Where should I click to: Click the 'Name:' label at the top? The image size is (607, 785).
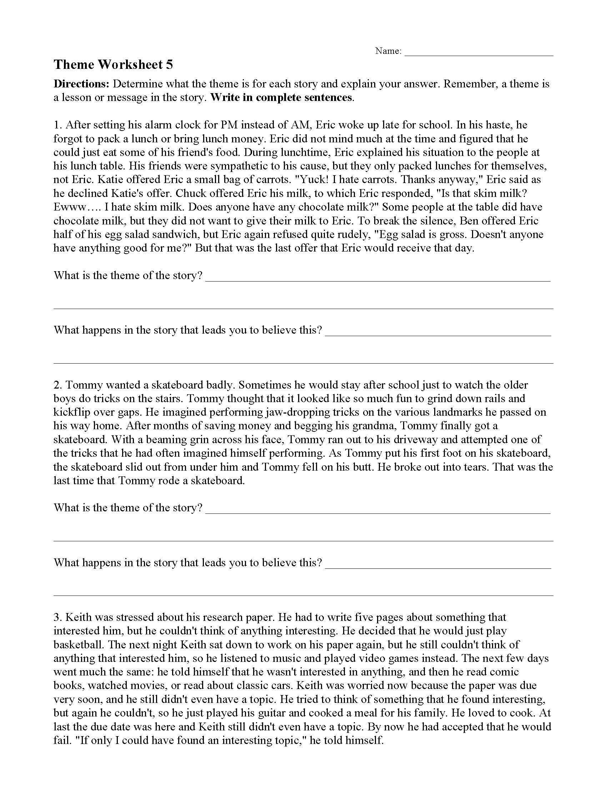(388, 51)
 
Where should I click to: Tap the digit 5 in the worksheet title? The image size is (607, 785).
(169, 64)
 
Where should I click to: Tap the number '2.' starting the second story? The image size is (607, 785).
(58, 385)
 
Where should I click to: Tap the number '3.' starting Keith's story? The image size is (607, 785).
(58, 617)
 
